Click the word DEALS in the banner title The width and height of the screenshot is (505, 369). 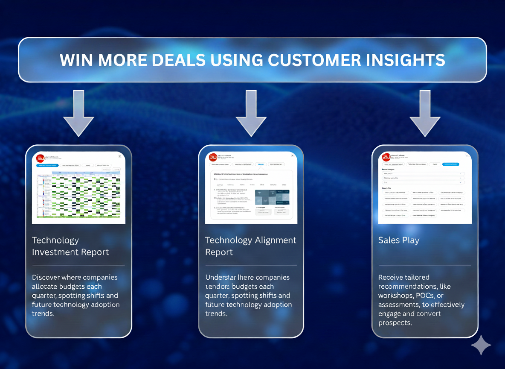click(179, 60)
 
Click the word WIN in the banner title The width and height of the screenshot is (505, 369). click(76, 60)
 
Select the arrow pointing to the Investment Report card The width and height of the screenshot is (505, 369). click(78, 113)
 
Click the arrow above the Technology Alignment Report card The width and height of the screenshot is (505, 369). click(251, 113)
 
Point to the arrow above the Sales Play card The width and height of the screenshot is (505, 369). click(424, 113)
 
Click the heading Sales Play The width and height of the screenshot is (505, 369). click(398, 240)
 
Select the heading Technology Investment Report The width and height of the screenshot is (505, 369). click(70, 246)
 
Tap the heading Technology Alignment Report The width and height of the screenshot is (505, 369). click(250, 246)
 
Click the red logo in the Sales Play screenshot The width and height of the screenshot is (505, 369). click(386, 158)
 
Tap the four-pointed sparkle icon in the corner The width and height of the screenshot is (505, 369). click(481, 345)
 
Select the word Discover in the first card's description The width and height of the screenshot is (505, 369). click(46, 278)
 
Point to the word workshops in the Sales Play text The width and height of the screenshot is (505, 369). click(393, 296)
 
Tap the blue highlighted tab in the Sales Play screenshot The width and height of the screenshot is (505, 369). click(450, 164)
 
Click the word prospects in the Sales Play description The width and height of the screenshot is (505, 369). click(395, 323)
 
